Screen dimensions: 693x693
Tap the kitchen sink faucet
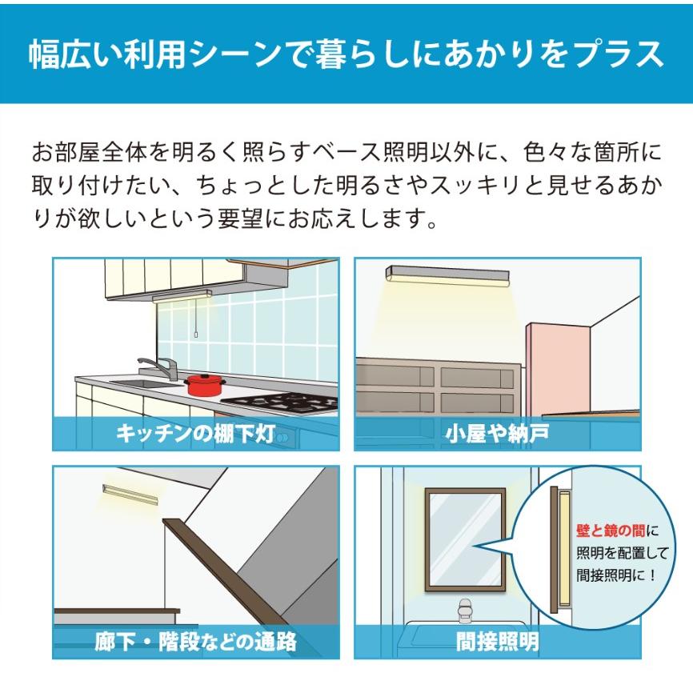tap(159, 369)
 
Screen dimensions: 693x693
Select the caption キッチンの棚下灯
tap(196, 435)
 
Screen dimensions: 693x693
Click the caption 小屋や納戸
tap(497, 435)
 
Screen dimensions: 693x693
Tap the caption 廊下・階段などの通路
tap(196, 641)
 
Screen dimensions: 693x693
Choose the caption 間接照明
tap(497, 641)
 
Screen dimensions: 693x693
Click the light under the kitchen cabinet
tap(182, 295)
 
